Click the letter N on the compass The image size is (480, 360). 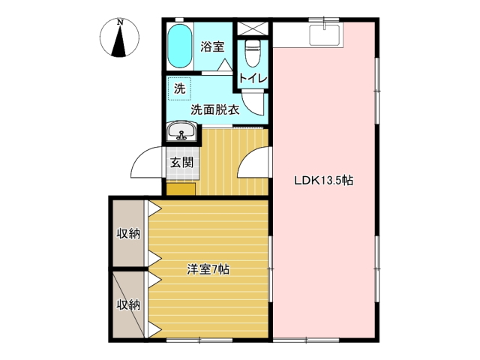pyautogui.click(x=120, y=22)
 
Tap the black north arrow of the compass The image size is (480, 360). pyautogui.click(x=119, y=42)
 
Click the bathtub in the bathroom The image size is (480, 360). pyautogui.click(x=180, y=46)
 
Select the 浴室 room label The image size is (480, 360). pyautogui.click(x=212, y=46)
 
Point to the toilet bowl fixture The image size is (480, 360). pyautogui.click(x=253, y=53)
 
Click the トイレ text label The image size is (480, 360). pyautogui.click(x=253, y=78)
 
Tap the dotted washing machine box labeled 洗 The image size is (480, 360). pyautogui.click(x=179, y=88)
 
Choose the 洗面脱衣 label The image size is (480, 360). pyautogui.click(x=215, y=110)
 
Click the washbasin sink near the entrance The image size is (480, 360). pyautogui.click(x=181, y=131)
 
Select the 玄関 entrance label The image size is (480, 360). pyautogui.click(x=181, y=162)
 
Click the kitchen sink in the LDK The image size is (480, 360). pyautogui.click(x=325, y=35)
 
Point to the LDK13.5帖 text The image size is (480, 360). pyautogui.click(x=323, y=181)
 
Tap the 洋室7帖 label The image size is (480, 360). pyautogui.click(x=208, y=270)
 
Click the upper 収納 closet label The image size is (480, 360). pyautogui.click(x=128, y=234)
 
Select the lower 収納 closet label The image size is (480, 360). pyautogui.click(x=128, y=304)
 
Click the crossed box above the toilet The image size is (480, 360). pyautogui.click(x=253, y=29)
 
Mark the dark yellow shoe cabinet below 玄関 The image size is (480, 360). pyautogui.click(x=181, y=189)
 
